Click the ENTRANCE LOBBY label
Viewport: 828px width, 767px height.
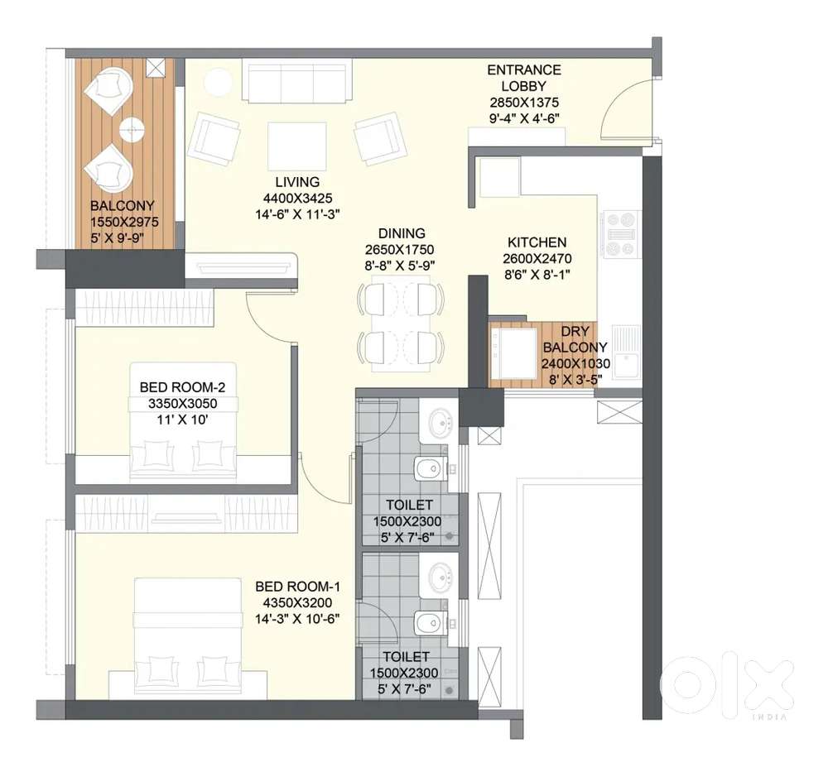tap(524, 78)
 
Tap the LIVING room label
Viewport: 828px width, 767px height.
tap(297, 182)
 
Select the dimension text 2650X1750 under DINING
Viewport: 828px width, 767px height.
tap(399, 250)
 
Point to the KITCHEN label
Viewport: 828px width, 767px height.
tap(537, 242)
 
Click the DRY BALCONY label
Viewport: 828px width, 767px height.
tap(575, 339)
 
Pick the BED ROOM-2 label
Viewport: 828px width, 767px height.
tap(182, 387)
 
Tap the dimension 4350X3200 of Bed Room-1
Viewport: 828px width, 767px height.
tap(297, 603)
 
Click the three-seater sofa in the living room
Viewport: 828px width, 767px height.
tap(297, 80)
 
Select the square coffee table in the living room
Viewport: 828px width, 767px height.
tap(296, 146)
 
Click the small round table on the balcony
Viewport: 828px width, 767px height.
tap(132, 129)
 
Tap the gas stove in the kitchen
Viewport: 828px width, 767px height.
tap(622, 234)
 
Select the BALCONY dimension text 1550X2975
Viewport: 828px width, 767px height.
tap(124, 222)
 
